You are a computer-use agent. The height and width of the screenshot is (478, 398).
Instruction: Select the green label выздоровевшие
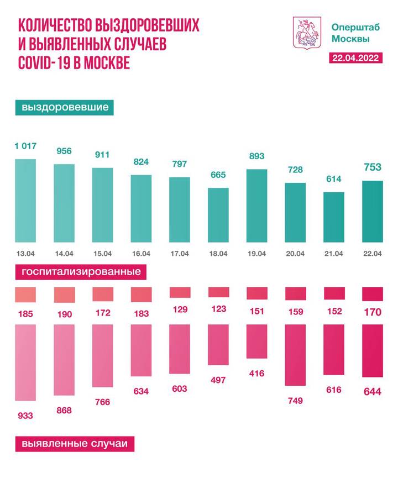point(65,107)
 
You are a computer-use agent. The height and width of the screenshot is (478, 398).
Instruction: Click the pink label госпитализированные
point(81,272)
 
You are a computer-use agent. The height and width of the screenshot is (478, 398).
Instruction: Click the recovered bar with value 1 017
point(25,201)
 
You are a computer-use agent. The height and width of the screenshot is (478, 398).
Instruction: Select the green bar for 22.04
point(372,211)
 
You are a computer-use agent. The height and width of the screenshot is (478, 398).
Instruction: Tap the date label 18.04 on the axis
point(218,254)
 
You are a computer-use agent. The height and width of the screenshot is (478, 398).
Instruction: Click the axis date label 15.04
point(102,254)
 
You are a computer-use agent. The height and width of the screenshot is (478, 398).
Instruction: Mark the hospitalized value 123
point(219,308)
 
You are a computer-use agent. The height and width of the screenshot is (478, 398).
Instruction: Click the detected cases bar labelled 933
point(25,363)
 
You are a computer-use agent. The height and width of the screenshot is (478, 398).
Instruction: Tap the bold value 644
point(372,391)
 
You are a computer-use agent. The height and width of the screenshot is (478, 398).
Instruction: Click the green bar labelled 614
point(333,217)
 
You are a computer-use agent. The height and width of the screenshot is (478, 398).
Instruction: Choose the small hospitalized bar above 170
point(372,293)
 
